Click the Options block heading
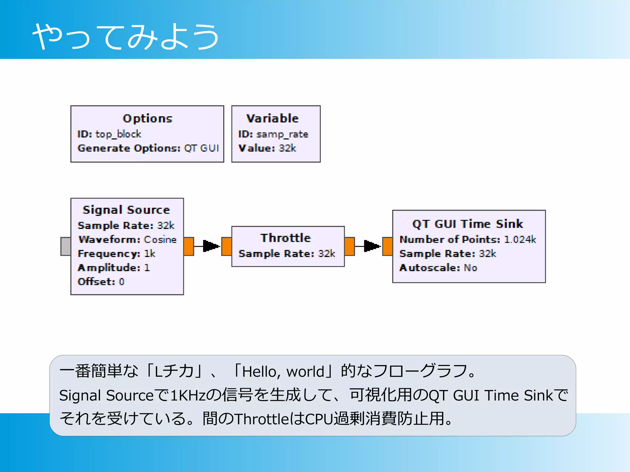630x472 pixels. [147, 119]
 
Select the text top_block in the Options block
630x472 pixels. [118, 134]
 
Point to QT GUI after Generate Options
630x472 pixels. [201, 148]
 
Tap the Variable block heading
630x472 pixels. [273, 119]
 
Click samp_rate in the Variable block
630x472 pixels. [282, 134]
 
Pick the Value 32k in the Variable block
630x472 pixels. [287, 148]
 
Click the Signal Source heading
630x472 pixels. [126, 210]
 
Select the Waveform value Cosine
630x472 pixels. [160, 240]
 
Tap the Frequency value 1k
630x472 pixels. [150, 254]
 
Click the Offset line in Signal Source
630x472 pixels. [101, 282]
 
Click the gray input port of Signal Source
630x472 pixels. [66, 246]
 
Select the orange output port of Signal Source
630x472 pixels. [189, 246]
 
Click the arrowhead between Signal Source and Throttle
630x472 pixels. [211, 246]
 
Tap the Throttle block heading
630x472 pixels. [285, 238]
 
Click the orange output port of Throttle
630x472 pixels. [349, 246]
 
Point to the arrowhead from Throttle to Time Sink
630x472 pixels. [372, 246]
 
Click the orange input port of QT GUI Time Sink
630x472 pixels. [387, 246]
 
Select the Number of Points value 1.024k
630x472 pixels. [520, 240]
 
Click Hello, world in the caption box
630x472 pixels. [283, 372]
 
